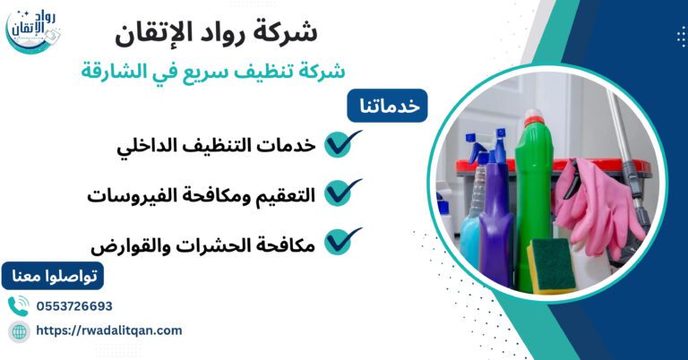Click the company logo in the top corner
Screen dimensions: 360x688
[x=34, y=31]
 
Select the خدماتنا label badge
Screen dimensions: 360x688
[x=388, y=105]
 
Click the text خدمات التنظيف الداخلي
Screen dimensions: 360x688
[x=216, y=146]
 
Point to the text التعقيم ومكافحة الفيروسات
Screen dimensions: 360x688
[x=202, y=194]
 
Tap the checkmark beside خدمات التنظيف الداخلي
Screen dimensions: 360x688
[x=341, y=143]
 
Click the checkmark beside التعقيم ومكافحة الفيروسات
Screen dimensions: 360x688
[x=341, y=192]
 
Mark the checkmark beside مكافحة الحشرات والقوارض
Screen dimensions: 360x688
[x=341, y=240]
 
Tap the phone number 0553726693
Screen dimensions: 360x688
[x=74, y=306]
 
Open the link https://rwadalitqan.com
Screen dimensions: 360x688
[x=108, y=330]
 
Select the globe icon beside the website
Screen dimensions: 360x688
[x=18, y=331]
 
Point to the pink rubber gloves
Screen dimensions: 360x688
[x=596, y=201]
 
